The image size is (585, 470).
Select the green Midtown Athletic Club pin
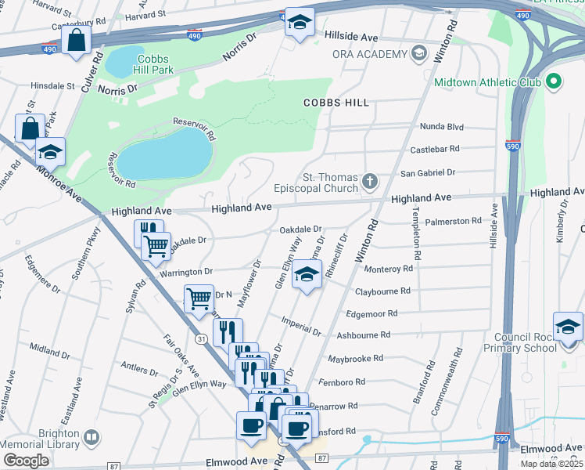pos(554,82)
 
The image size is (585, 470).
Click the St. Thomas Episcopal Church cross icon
pos(370,183)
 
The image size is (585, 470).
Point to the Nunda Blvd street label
pos(442,126)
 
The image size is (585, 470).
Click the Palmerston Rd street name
pos(454,221)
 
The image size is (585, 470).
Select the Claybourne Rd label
pos(383,291)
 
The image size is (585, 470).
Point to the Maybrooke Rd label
pos(355,358)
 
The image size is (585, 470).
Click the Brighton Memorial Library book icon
pos(92,436)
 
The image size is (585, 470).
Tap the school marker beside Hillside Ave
pos(299,23)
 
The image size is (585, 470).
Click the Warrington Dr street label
pos(187,271)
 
